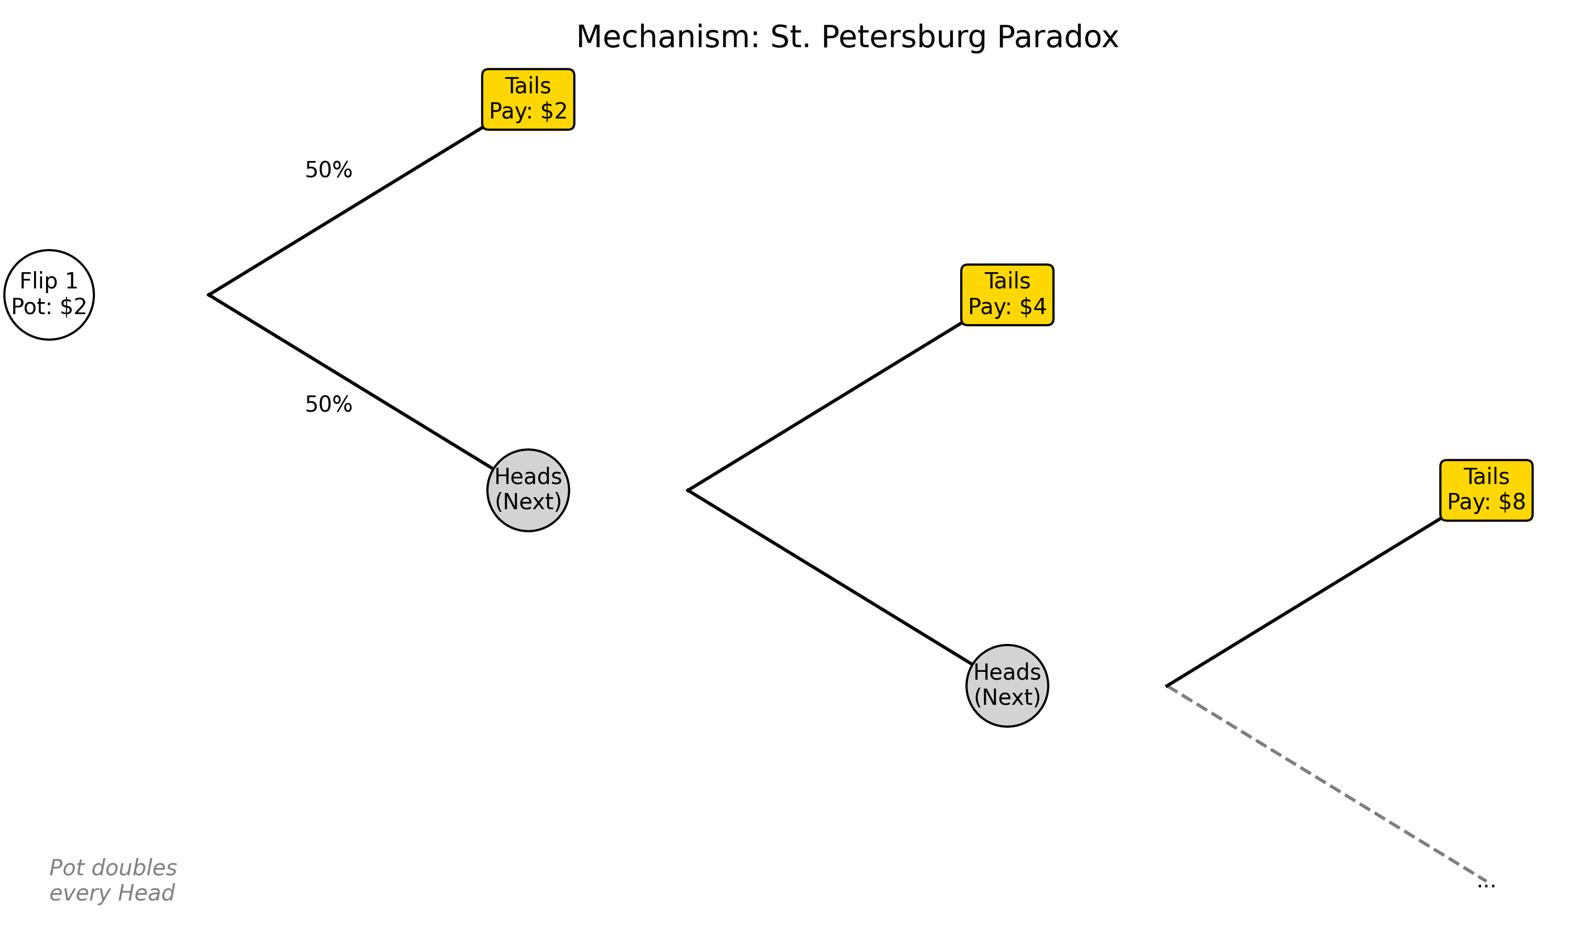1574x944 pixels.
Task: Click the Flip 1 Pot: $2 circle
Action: point(49,295)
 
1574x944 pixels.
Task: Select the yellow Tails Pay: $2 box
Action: point(528,99)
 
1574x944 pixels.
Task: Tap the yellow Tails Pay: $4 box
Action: point(1007,295)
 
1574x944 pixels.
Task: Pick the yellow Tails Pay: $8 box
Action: point(1486,490)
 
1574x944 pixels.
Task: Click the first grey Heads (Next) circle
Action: point(528,490)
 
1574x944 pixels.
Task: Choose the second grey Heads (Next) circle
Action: point(1007,686)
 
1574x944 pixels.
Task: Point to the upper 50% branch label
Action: point(328,170)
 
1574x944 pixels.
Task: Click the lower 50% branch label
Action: point(328,404)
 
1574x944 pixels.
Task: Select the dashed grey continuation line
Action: point(1326,784)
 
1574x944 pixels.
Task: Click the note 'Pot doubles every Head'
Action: point(113,881)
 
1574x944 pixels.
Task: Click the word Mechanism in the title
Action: point(667,37)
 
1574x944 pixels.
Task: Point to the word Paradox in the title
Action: point(1057,37)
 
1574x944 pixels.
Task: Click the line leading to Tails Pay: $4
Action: point(825,407)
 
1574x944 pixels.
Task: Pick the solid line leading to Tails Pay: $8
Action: point(1304,603)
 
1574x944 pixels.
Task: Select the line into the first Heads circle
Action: point(351,382)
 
